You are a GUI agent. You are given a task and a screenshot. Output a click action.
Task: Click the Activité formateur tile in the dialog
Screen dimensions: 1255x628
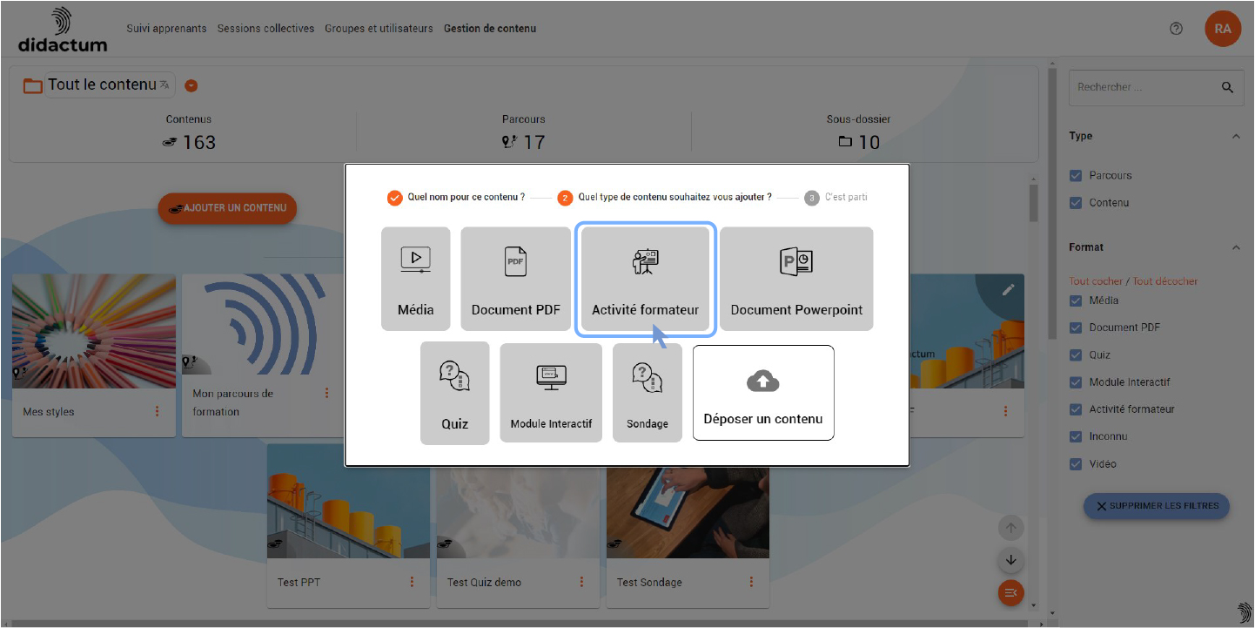[x=646, y=279]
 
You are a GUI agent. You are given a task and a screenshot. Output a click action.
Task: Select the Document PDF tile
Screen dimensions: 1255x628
[x=515, y=279]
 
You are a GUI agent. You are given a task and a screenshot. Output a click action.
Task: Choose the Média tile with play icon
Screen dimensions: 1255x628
[x=416, y=279]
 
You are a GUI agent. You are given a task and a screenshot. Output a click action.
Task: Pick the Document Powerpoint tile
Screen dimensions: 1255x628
[x=796, y=279]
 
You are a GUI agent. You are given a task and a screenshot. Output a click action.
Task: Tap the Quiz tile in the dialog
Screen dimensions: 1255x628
[x=455, y=393]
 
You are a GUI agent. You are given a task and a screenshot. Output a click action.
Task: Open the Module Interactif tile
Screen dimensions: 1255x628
[x=551, y=393]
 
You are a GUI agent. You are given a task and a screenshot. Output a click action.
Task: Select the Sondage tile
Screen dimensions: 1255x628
[x=648, y=393]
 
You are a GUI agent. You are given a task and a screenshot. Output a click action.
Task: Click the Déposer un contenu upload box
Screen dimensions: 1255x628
[x=763, y=393]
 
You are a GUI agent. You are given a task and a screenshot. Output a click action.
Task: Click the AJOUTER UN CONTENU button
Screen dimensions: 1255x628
[x=227, y=208]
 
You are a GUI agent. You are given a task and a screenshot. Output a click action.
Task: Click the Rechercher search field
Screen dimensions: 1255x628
[x=1145, y=87]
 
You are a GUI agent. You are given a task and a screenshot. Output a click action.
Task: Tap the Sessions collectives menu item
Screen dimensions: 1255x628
[x=265, y=29]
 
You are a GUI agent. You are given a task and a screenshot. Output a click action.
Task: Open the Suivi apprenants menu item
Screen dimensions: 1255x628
[x=166, y=29]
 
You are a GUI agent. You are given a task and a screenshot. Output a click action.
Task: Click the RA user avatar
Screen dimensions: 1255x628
[x=1223, y=29]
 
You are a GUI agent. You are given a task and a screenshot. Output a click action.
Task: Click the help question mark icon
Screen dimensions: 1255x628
[x=1176, y=29]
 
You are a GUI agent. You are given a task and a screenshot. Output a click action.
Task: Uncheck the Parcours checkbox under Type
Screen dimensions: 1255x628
[x=1076, y=175]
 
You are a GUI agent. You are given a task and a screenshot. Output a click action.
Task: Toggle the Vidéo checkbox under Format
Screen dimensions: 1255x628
[x=1076, y=464]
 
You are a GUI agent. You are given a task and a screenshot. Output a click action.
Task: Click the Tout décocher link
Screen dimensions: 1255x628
[x=1165, y=281]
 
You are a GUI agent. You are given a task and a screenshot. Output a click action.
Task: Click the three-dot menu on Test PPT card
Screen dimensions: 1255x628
[x=412, y=582]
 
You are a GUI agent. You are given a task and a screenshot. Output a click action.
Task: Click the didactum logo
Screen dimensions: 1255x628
[x=62, y=30]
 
